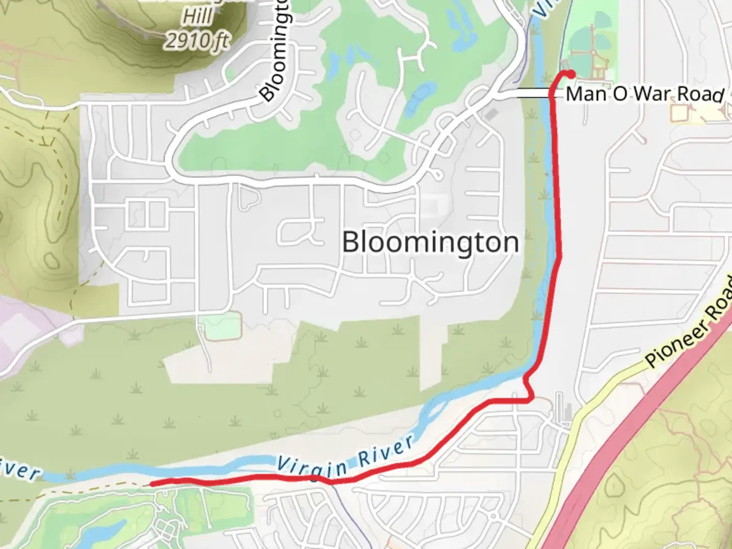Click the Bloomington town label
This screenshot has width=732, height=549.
pos(430,242)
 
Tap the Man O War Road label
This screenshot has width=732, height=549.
pos(645,94)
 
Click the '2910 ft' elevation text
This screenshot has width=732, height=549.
pos(197,41)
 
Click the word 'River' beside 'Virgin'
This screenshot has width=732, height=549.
pos(386,452)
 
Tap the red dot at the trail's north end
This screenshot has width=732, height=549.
pos(571,73)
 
